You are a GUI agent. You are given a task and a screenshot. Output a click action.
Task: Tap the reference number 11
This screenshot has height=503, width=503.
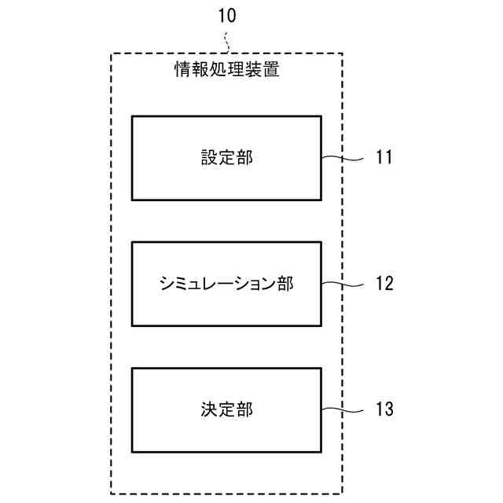(384, 158)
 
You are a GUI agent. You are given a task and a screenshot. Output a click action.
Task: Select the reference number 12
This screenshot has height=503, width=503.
(384, 284)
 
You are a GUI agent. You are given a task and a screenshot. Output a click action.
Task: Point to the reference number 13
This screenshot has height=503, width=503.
(384, 409)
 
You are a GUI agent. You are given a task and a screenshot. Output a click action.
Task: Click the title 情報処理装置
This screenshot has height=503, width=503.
(226, 70)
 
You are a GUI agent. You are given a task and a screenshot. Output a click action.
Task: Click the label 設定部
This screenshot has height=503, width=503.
(226, 158)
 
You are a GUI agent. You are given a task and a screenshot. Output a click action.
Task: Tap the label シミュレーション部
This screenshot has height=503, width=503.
(226, 284)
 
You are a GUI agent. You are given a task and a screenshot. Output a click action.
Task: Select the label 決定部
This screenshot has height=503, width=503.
(226, 409)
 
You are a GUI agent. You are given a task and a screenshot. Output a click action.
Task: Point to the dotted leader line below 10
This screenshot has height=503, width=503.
(226, 41)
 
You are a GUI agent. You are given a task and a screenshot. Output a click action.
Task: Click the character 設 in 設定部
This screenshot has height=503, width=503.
(208, 158)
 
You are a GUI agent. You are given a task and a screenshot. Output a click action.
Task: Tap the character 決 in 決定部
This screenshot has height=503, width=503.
(208, 409)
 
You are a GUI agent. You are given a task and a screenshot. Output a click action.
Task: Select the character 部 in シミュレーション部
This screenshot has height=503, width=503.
(285, 284)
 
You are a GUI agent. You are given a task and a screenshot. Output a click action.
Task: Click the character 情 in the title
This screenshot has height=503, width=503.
(182, 70)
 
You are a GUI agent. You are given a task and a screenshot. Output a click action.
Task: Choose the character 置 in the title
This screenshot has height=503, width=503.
(271, 70)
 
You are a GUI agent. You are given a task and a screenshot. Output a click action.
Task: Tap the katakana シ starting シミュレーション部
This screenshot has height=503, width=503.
(167, 284)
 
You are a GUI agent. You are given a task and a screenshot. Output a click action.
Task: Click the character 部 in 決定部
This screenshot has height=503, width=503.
(244, 409)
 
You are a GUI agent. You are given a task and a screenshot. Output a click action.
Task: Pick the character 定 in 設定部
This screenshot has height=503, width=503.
(226, 158)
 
